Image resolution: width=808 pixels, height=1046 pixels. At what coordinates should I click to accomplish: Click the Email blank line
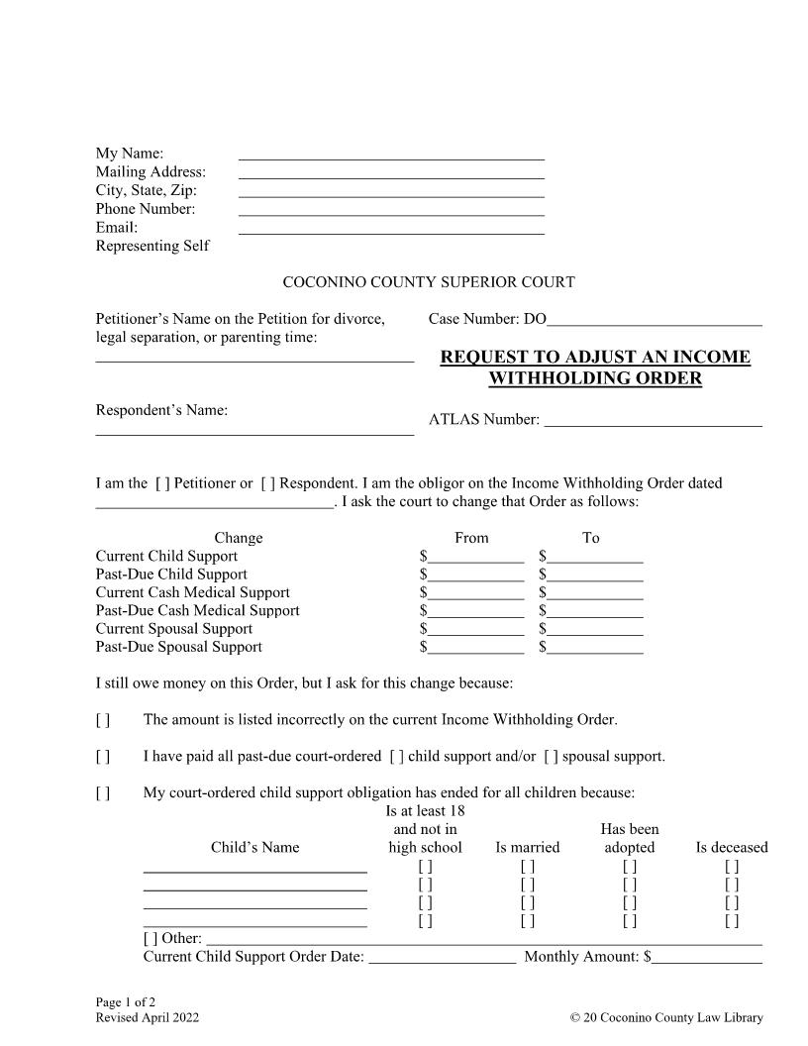[391, 228]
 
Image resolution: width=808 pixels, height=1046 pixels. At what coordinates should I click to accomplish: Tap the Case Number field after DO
[655, 319]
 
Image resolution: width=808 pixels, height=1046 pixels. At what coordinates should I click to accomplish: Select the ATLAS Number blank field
[654, 420]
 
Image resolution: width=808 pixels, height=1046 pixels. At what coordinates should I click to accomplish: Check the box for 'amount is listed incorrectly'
[103, 719]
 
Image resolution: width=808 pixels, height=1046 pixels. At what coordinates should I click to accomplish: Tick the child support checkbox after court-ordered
[396, 757]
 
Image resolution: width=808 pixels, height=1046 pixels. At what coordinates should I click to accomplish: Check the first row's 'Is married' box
[528, 866]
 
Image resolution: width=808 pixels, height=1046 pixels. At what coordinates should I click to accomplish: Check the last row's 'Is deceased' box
[732, 920]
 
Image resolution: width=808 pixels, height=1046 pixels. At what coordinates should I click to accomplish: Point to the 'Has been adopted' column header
[630, 838]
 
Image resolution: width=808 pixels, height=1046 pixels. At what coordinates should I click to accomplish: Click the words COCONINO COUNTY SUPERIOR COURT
[429, 282]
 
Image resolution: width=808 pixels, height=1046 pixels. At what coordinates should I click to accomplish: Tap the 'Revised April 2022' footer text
[148, 1017]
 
